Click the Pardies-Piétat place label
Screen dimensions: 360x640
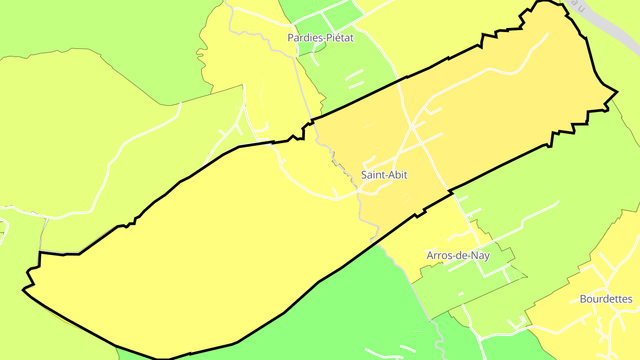pyautogui.click(x=320, y=38)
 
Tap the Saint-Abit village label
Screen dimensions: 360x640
pyautogui.click(x=384, y=175)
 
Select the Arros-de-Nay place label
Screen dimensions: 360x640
pyautogui.click(x=458, y=256)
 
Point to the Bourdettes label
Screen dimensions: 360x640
pyautogui.click(x=606, y=299)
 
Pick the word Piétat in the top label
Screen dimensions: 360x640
pyautogui.click(x=340, y=38)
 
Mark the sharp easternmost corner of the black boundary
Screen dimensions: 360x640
pyautogui.click(x=617, y=92)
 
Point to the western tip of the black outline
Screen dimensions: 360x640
pyautogui.click(x=23, y=290)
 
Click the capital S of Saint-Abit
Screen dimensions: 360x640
pyautogui.click(x=364, y=175)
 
